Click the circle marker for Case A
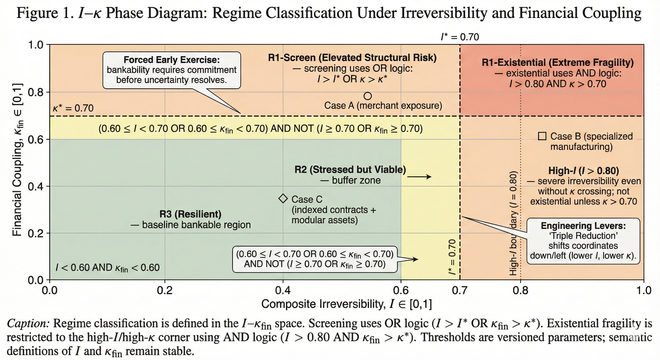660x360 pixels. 368,96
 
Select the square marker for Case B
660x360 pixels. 542,136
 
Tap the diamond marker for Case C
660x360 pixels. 283,198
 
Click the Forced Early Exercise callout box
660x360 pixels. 172,70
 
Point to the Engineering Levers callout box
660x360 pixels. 583,241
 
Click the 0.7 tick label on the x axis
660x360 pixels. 460,291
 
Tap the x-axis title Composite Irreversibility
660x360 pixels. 346,304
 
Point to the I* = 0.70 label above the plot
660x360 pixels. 460,37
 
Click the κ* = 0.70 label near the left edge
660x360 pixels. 73,108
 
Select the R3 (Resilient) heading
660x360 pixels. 190,214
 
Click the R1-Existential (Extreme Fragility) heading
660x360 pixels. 558,62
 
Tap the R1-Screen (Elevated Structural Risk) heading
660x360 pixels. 352,58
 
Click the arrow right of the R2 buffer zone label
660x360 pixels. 419,177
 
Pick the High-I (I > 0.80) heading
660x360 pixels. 583,171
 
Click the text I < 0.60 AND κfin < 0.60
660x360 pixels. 108,267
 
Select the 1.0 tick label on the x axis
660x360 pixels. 644,291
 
